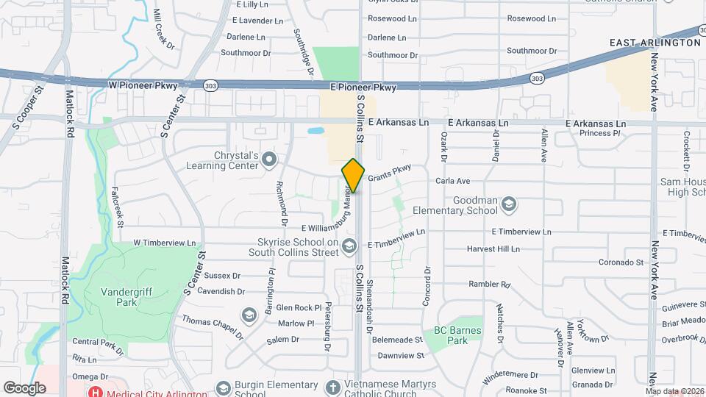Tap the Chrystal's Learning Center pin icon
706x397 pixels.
pyautogui.click(x=269, y=158)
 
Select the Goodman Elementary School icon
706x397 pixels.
pyautogui.click(x=508, y=203)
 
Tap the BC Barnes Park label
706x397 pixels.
pyautogui.click(x=457, y=335)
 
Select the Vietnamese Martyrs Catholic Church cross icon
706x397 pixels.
pyautogui.click(x=332, y=387)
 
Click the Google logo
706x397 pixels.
pyautogui.click(x=24, y=387)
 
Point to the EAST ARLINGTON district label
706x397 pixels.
pyautogui.click(x=655, y=43)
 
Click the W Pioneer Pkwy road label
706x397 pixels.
pyautogui.click(x=143, y=85)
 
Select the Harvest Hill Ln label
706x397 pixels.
pyautogui.click(x=493, y=248)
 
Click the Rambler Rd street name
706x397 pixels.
pyautogui.click(x=489, y=284)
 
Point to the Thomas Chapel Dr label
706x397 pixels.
pyautogui.click(x=212, y=327)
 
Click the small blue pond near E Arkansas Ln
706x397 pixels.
pyautogui.click(x=315, y=132)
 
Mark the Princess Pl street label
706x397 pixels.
pyautogui.click(x=599, y=133)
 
